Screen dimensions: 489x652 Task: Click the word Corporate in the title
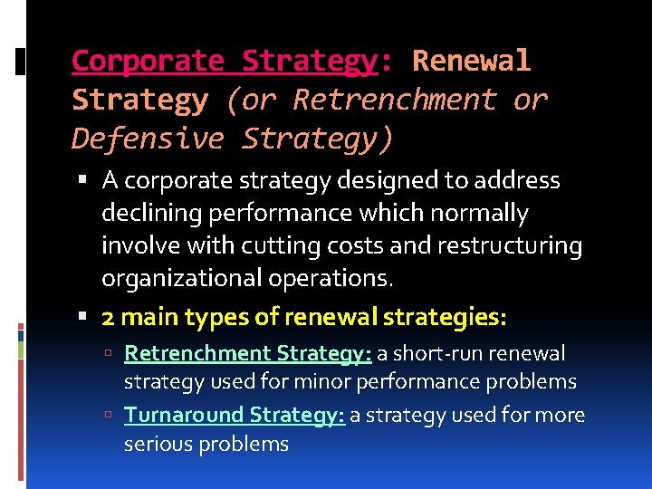(147, 62)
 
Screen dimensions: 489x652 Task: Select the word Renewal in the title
(471, 62)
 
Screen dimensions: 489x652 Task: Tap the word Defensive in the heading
(147, 139)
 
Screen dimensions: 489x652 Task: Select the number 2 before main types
(108, 317)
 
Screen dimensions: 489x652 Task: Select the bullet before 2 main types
(82, 317)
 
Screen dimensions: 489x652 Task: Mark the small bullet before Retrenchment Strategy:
(108, 353)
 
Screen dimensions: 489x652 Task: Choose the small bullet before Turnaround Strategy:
(108, 415)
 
